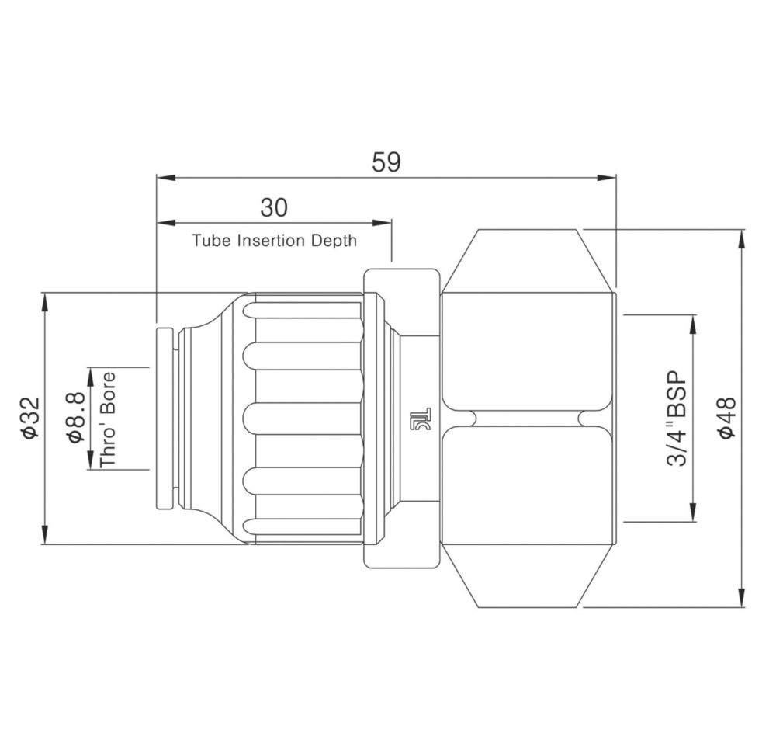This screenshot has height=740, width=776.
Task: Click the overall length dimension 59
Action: coord(386,162)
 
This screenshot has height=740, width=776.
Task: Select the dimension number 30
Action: coord(274,207)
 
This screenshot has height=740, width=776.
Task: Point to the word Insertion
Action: coord(271,241)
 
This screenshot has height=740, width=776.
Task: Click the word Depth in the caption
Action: coord(334,241)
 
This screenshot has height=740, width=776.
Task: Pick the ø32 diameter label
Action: coord(30,417)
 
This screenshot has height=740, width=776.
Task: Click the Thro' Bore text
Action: coord(107,419)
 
